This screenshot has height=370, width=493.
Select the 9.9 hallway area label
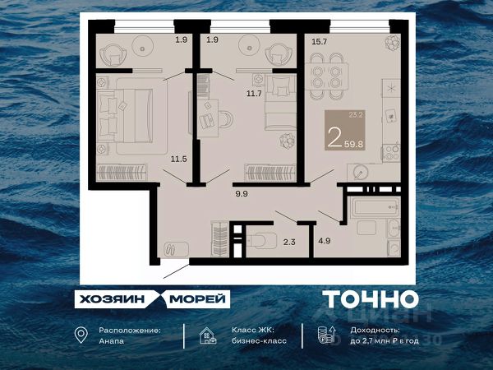point(241,195)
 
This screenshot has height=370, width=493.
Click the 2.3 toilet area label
point(289,241)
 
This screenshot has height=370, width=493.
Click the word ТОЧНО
point(370,299)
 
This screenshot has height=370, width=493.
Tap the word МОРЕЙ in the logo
point(198,298)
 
